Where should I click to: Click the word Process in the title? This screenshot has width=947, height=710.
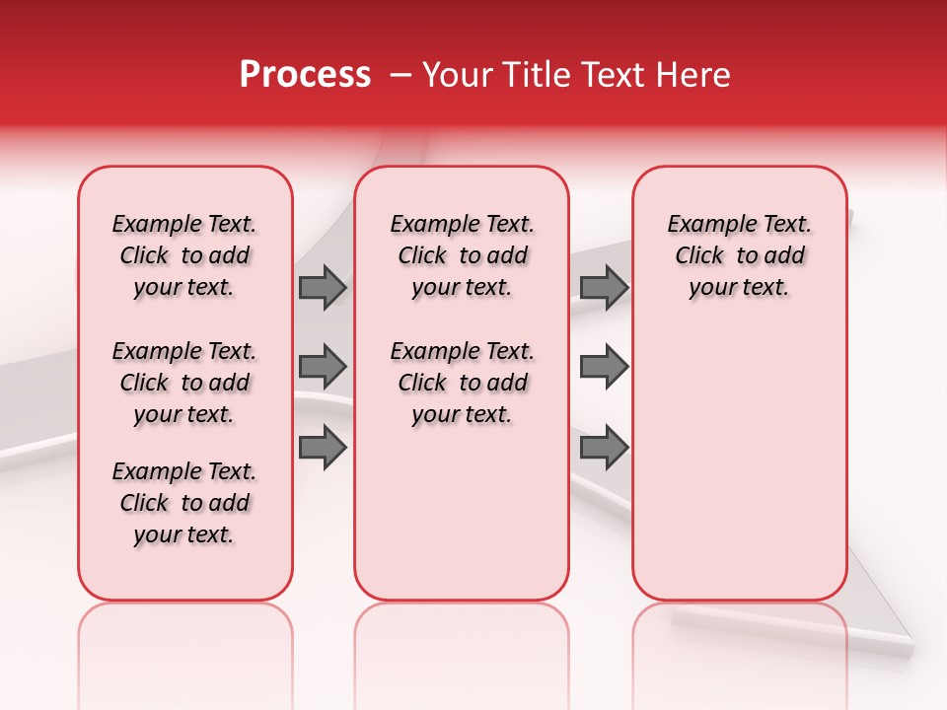coord(305,75)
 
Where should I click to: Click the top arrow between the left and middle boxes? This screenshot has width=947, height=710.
coord(323,287)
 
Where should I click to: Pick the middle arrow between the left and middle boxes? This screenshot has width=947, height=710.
coord(323,367)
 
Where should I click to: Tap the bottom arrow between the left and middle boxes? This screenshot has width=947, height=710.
coord(323,448)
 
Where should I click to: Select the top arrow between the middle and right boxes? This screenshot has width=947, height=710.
coord(604,287)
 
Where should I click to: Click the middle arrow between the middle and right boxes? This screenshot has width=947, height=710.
coord(604,367)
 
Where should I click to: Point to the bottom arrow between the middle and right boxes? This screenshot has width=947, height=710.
coord(604,448)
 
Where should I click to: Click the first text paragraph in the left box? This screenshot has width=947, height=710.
coord(184,255)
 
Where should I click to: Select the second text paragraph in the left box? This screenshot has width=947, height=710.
coord(184,383)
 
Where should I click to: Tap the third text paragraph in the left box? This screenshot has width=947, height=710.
coord(184,503)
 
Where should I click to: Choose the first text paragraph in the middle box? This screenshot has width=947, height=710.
coord(463,255)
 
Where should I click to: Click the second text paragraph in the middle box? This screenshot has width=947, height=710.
coord(463,383)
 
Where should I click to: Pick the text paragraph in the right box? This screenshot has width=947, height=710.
coord(740,255)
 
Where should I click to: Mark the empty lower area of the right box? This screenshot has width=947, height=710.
coord(740,463)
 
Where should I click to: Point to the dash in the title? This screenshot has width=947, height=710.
coord(401,75)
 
